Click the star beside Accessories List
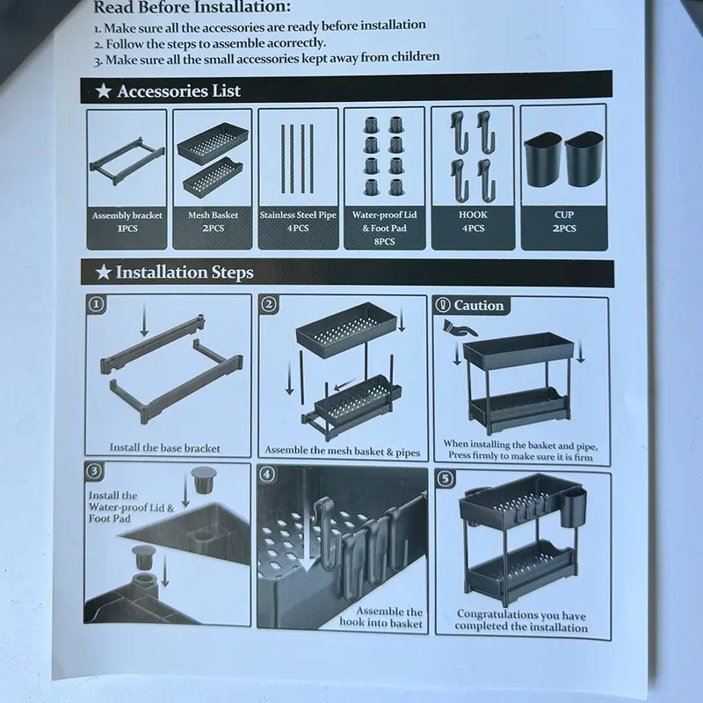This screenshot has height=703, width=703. (104, 91)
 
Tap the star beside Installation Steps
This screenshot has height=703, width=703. (104, 272)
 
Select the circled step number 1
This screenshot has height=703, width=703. (96, 304)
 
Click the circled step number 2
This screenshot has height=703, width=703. (269, 304)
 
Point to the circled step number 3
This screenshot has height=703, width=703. (94, 471)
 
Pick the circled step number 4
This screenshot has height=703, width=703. (267, 474)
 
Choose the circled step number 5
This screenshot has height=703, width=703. (446, 478)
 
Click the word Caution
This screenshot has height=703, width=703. (479, 305)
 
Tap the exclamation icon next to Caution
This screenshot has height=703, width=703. (443, 305)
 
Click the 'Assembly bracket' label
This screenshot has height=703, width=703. (127, 215)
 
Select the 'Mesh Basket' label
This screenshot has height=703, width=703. (213, 215)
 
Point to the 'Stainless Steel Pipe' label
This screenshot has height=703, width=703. (298, 215)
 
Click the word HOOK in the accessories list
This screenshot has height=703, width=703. (473, 214)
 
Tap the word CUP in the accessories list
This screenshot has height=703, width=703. (563, 214)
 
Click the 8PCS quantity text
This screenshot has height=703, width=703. (384, 242)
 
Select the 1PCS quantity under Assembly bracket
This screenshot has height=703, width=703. (127, 228)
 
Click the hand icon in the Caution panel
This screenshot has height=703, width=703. (459, 328)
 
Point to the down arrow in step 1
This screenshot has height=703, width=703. (144, 320)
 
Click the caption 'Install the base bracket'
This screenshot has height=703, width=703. (165, 448)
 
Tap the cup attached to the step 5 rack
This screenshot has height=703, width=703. (573, 509)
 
